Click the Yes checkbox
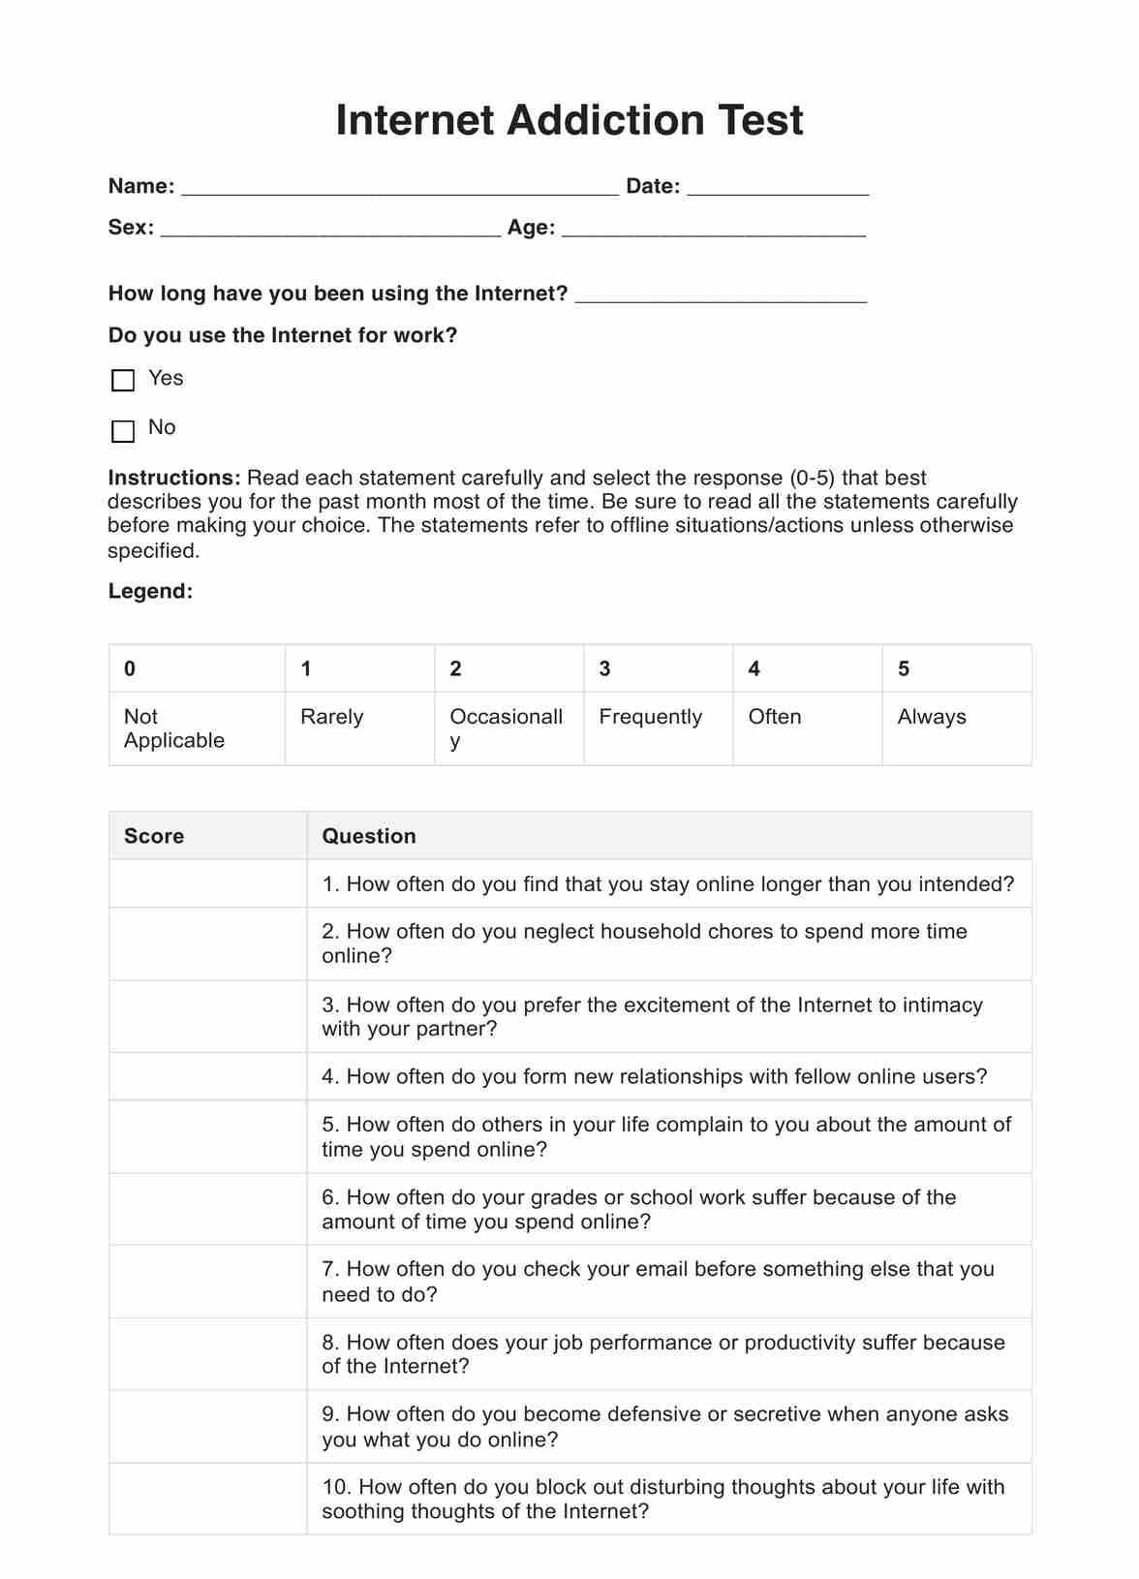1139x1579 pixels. (123, 380)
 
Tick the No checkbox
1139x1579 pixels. (123, 430)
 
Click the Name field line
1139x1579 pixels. (399, 188)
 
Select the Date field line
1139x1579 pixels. (777, 188)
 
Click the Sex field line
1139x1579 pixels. (330, 229)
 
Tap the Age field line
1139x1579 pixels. (713, 229)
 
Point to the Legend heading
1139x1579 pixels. (150, 591)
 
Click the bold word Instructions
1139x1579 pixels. (173, 478)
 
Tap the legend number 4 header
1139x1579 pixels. (754, 668)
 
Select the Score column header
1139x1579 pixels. (154, 836)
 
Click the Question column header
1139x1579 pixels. (369, 836)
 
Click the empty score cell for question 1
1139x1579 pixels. (207, 883)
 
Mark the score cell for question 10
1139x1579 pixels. (207, 1499)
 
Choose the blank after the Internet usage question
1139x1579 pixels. (721, 295)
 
